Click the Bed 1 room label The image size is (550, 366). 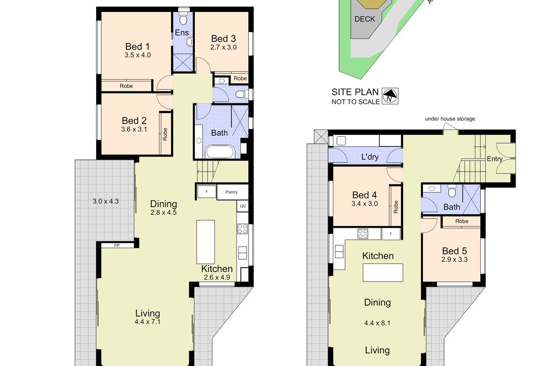137,46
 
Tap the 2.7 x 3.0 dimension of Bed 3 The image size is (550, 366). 223,47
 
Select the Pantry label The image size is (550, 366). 231,192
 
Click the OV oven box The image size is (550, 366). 242,206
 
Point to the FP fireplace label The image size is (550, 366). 117,245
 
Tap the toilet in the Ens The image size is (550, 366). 183,18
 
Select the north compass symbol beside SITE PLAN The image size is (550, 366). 390,96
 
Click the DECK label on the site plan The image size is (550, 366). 364,19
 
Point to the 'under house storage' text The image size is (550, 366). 450,119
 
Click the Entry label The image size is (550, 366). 495,159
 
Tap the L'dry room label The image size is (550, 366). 369,156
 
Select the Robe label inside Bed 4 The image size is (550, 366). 396,207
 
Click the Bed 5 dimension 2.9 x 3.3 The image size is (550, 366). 451,259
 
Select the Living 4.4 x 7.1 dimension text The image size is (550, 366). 148,322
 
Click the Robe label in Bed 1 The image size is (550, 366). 126,86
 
